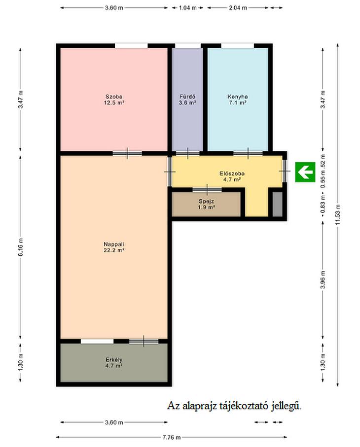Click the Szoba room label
point(114,100)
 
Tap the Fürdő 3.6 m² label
point(187,100)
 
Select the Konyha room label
point(237,100)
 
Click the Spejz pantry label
point(206,204)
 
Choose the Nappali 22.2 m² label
point(114,247)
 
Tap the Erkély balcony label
point(114,363)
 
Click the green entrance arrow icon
point(305,172)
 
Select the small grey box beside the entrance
point(277,204)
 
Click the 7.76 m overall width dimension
point(172,437)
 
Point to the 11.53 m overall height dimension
point(338,215)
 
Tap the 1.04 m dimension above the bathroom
point(187,8)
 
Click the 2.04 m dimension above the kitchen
point(238,8)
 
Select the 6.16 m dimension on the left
point(21,247)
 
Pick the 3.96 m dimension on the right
point(323,279)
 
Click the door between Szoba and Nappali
point(127,153)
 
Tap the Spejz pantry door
point(207,190)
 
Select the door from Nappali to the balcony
point(144,341)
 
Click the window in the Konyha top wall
point(237,46)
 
